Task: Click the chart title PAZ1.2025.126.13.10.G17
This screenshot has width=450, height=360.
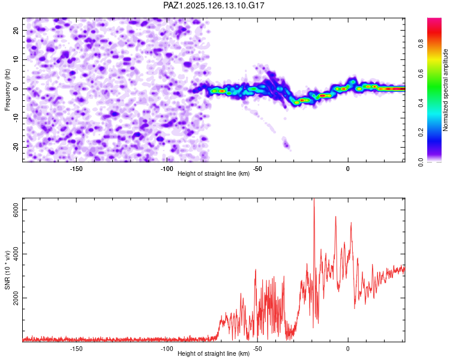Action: point(214,5)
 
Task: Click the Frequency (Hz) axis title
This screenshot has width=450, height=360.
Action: point(7,90)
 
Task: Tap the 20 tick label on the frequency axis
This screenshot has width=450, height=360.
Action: point(16,31)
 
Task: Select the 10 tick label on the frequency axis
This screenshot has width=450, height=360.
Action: point(16,59)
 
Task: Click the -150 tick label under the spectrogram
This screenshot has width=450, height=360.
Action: point(76,169)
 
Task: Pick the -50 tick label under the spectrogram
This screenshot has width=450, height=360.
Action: point(257,169)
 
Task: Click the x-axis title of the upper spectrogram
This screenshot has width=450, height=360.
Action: point(214,173)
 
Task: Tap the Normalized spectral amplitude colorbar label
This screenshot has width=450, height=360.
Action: point(445,90)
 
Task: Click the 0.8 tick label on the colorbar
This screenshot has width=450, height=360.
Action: point(421,44)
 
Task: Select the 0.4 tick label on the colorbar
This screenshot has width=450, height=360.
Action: point(421,103)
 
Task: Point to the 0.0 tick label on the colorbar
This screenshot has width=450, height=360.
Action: point(421,162)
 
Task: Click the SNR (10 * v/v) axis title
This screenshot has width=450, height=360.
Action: point(7,270)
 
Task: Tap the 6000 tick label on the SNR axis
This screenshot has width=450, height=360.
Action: point(16,210)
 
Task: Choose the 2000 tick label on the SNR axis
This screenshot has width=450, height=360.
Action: point(16,298)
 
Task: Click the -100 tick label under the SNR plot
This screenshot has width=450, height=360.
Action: point(167,349)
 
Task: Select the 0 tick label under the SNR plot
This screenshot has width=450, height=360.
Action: point(348,349)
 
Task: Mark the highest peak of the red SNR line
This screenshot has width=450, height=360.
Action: point(314,199)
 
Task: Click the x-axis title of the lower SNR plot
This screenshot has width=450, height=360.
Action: point(214,353)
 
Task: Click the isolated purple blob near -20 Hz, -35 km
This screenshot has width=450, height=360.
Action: point(286,143)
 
